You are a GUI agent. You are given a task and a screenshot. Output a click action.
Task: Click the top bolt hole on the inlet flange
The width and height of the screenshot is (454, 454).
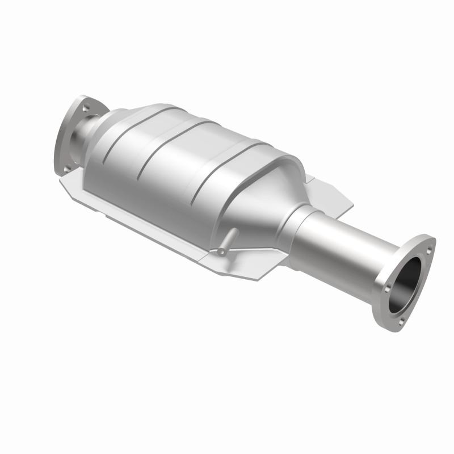pos(86,106)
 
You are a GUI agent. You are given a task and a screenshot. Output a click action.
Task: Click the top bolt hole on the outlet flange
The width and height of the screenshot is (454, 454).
pos(427,249)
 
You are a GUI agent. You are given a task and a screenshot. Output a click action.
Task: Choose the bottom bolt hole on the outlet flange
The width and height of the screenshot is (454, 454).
pos(401,321)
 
